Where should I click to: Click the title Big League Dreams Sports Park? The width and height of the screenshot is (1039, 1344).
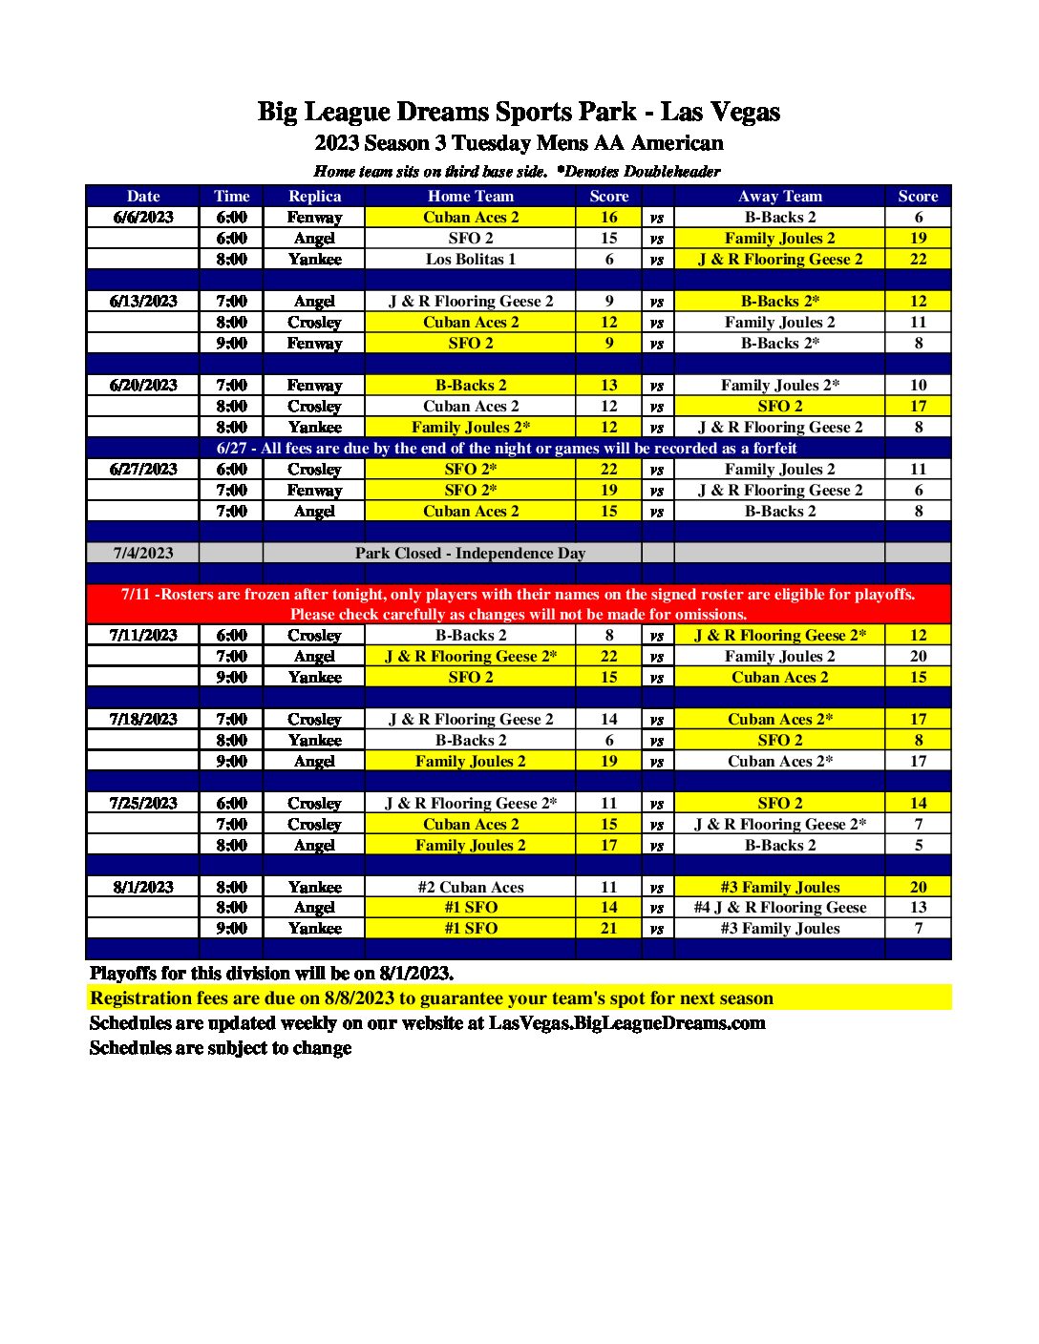pos(519,112)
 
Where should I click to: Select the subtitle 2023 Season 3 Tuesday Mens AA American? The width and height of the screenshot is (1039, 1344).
pos(519,143)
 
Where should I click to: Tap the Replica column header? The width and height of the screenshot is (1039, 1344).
pos(314,196)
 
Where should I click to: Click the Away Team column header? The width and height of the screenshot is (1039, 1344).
pos(779,196)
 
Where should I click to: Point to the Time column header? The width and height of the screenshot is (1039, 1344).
pos(231,196)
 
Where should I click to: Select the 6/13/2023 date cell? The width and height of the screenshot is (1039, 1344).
pos(143,301)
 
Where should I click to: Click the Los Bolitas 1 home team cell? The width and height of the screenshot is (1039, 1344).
pos(470,259)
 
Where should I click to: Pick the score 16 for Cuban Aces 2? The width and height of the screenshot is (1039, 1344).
pos(608,217)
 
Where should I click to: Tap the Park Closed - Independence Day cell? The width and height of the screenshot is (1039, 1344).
pos(470,553)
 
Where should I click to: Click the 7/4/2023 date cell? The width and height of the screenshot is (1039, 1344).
pos(143,553)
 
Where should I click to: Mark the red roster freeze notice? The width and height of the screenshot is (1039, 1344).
pos(519,603)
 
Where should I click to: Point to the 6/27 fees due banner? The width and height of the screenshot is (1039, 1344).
pos(506,448)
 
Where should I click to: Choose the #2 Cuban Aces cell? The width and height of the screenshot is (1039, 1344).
pos(470,887)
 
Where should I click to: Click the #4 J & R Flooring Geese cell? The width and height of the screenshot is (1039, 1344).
pos(779,907)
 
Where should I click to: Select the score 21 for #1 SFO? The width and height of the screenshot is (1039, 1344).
pos(608,928)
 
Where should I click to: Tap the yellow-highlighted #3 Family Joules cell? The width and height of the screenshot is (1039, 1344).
pos(779,887)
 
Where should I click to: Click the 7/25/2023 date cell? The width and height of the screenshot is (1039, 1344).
pos(143,803)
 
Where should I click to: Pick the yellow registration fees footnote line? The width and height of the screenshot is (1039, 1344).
pos(432,997)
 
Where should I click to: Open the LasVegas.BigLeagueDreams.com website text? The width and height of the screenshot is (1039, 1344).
pos(626,1022)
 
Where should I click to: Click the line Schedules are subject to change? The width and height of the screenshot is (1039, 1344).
pos(221,1047)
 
